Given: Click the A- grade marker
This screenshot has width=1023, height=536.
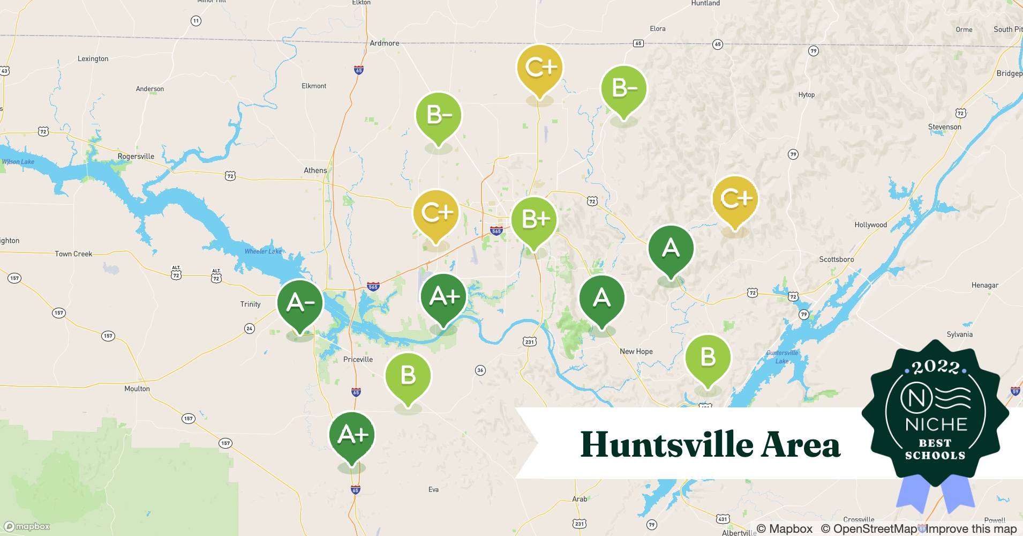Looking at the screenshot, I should pyautogui.click(x=300, y=303).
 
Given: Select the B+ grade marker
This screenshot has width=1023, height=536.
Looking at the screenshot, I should pyautogui.click(x=534, y=220).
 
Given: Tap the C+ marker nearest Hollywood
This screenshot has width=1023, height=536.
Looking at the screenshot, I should pyautogui.click(x=735, y=199).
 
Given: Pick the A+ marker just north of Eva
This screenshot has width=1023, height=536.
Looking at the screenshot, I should pyautogui.click(x=352, y=435).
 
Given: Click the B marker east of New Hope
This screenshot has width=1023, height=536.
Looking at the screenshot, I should pyautogui.click(x=708, y=358).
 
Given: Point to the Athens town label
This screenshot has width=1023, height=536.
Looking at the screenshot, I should pyautogui.click(x=315, y=170).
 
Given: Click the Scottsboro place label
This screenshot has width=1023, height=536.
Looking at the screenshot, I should pyautogui.click(x=836, y=259).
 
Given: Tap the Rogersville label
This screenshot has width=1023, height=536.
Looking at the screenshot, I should pyautogui.click(x=136, y=157).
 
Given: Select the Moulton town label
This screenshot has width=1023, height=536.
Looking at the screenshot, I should pyautogui.click(x=137, y=389).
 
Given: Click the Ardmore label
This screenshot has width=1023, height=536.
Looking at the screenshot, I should pyautogui.click(x=384, y=43).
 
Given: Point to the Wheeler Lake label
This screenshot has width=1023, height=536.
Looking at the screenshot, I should pyautogui.click(x=263, y=251).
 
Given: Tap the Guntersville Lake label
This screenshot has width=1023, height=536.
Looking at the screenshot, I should pyautogui.click(x=782, y=357).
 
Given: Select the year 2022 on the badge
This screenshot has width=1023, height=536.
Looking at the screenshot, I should pyautogui.click(x=935, y=367).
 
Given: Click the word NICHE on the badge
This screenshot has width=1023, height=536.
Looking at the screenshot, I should pyautogui.click(x=936, y=425).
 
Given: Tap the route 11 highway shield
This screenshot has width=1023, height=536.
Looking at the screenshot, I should pyautogui.click(x=196, y=21).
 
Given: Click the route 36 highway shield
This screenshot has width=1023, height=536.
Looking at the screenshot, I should pyautogui.click(x=480, y=370).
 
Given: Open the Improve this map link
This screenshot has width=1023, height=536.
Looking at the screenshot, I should pyautogui.click(x=971, y=529).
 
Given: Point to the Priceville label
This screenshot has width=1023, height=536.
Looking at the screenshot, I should pyautogui.click(x=358, y=360).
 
